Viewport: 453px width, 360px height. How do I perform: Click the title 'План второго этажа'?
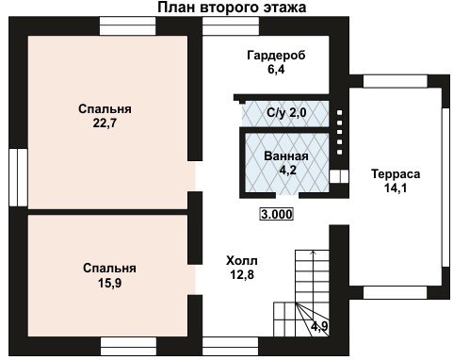[x=232, y=8]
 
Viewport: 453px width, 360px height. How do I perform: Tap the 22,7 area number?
[x=105, y=123]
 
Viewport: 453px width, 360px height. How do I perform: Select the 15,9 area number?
[x=109, y=283]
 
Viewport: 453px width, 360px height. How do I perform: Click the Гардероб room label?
[x=276, y=56]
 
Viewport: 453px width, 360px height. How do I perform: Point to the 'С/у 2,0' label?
[x=286, y=112]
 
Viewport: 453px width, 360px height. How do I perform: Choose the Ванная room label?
[x=286, y=156]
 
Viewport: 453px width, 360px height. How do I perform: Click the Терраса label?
[x=396, y=173]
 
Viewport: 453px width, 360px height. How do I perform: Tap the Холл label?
[x=242, y=261]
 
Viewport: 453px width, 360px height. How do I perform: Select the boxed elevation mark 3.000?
[x=277, y=215]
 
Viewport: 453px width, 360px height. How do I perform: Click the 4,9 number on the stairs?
[x=319, y=326]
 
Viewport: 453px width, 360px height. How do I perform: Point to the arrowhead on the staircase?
[x=313, y=252]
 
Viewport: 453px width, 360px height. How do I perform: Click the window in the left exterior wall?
[x=18, y=177]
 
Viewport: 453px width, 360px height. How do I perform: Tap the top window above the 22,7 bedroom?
[x=128, y=25]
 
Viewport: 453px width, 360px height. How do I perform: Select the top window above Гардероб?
[x=231, y=25]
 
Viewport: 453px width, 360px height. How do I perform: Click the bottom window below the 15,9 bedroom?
[x=128, y=347]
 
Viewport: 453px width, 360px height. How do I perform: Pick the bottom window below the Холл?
[x=231, y=347]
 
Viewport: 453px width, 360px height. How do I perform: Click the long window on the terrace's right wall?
[x=445, y=188]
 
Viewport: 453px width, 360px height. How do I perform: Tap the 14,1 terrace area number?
[x=396, y=188]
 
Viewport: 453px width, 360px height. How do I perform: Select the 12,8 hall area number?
[x=242, y=275]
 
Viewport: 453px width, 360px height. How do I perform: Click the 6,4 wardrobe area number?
[x=276, y=70]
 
